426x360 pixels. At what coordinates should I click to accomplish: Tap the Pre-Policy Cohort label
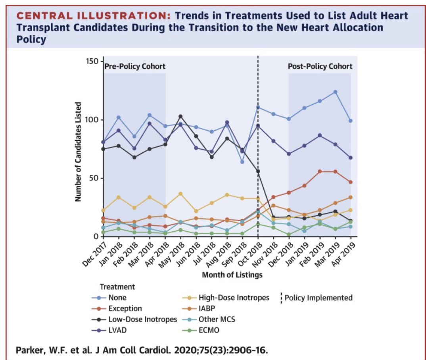135,66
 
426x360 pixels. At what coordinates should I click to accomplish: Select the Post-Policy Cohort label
320,66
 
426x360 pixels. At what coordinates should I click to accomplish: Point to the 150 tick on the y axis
93,62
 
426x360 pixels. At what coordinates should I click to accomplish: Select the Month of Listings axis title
232,275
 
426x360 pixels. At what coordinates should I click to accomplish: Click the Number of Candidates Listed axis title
79,152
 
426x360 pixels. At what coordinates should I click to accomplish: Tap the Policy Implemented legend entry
319,298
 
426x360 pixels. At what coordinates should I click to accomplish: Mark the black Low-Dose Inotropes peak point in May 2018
180,116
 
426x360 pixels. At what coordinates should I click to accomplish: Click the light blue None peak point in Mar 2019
335,92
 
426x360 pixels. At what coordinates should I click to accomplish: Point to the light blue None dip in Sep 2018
242,162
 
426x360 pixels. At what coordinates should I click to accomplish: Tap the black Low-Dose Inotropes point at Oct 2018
258,171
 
